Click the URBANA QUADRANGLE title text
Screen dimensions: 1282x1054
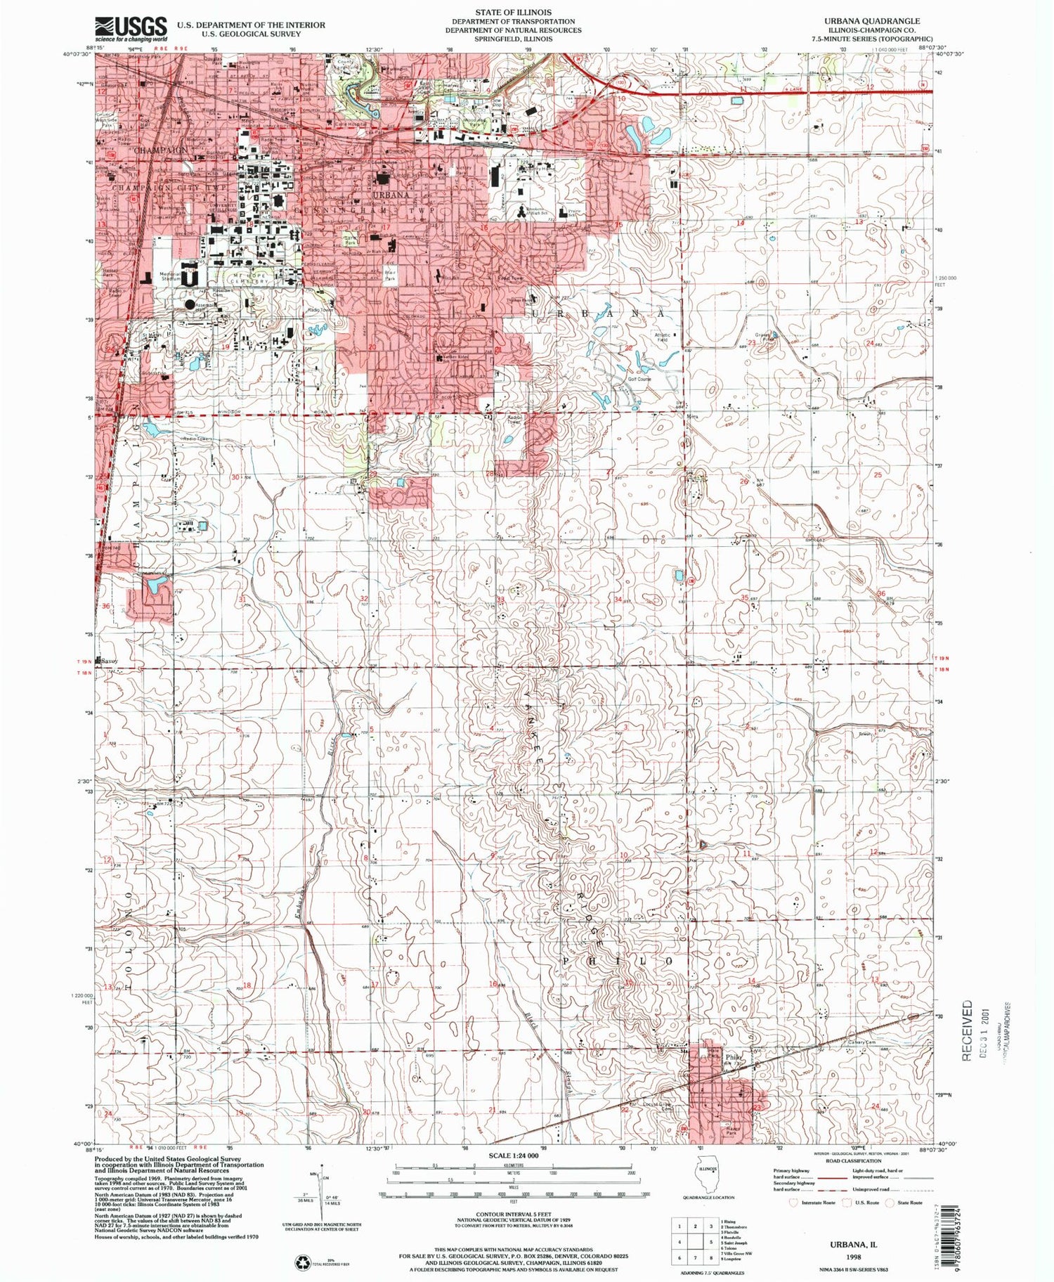pos(869,21)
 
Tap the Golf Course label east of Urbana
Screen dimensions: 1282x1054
pos(639,380)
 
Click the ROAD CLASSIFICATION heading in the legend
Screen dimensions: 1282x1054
pos(839,1160)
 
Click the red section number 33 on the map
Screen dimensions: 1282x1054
pos(500,599)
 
